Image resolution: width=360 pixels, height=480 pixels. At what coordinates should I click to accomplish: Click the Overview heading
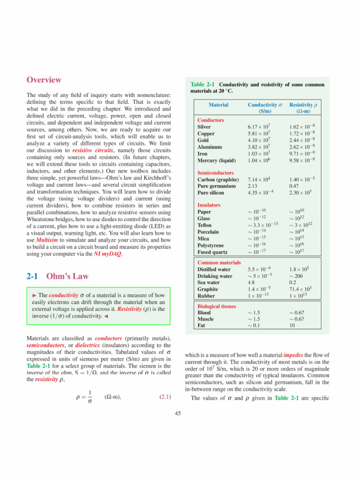[x=44, y=80]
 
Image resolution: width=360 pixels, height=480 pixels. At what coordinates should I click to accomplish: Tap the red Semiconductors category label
[x=217, y=172]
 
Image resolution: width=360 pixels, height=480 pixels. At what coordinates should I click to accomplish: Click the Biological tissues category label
[x=219, y=306]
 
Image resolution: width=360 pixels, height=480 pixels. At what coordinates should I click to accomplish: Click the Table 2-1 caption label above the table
[x=202, y=84]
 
